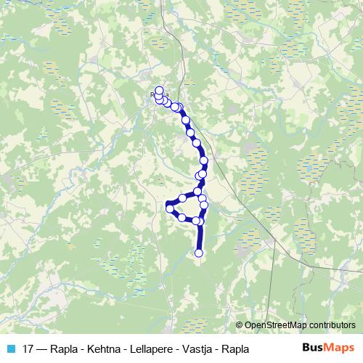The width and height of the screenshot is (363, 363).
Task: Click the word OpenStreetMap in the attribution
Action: click(280, 325)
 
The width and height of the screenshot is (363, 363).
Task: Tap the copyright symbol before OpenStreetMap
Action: click(240, 325)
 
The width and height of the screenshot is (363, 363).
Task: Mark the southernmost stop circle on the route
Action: click(199, 253)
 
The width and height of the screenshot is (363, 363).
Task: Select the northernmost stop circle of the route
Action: click(159, 91)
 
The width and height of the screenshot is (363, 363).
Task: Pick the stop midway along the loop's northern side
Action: click(183, 198)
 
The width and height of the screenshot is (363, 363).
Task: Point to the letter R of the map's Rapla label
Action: click(152, 94)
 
